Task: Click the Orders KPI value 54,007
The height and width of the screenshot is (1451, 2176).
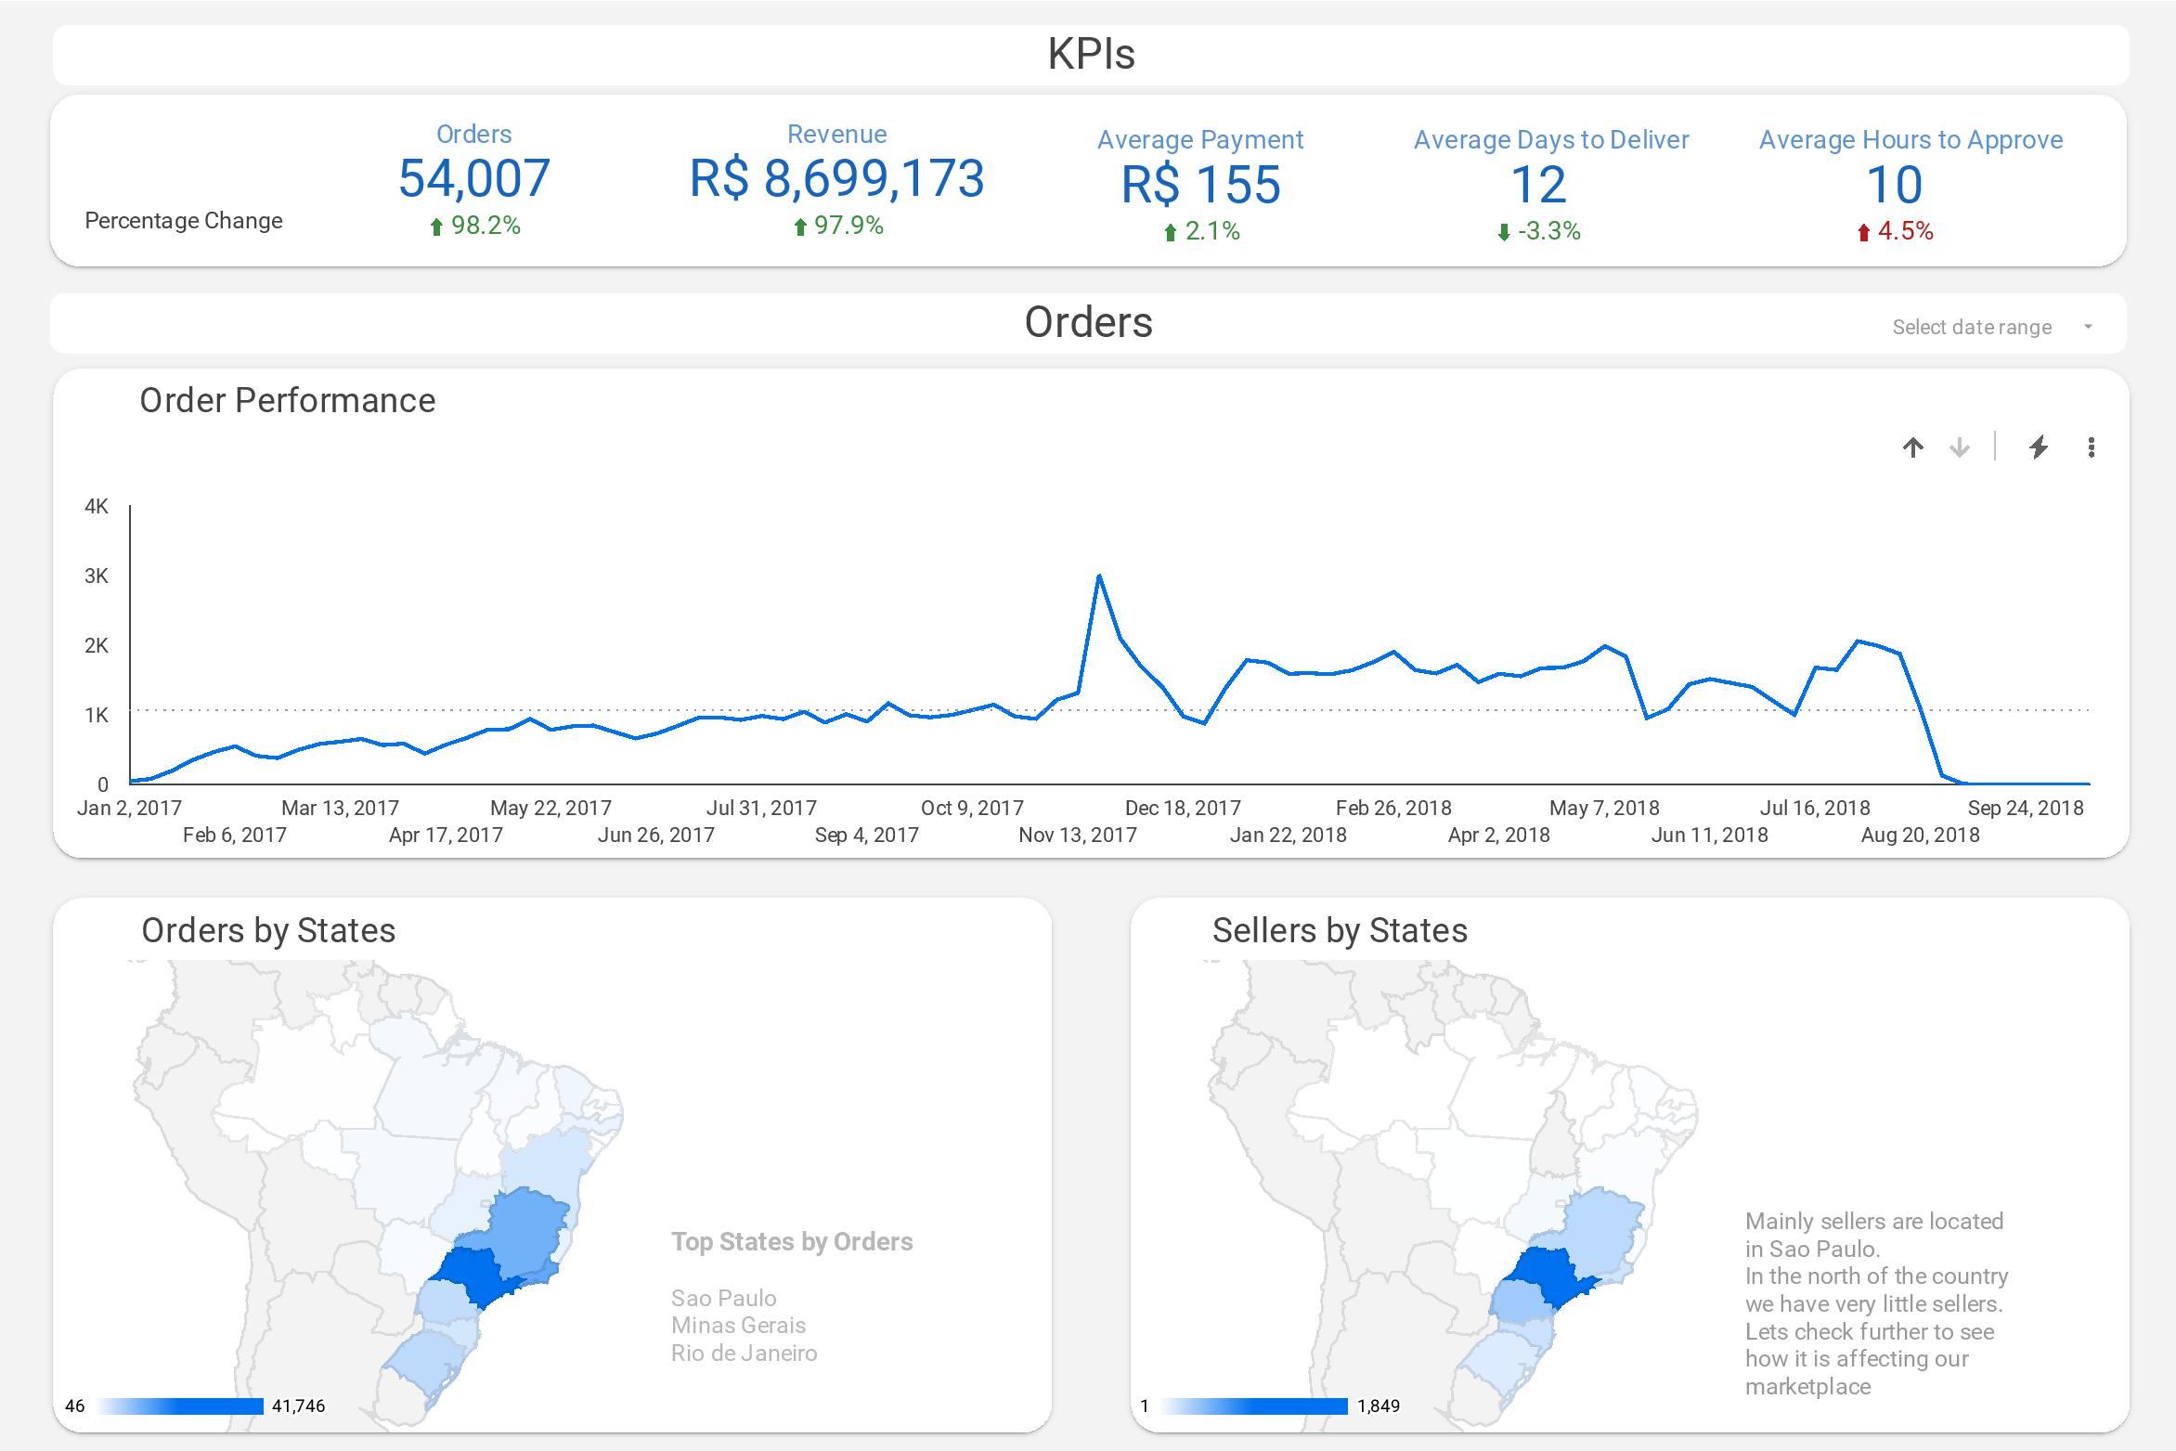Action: (x=473, y=178)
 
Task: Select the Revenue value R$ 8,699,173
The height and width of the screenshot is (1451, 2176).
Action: (x=835, y=178)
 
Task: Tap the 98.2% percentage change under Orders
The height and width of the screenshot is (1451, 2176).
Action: (x=474, y=226)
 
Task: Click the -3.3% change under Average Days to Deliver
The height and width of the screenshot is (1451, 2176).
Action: (x=1538, y=231)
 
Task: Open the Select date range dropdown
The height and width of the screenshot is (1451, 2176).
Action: (x=1992, y=327)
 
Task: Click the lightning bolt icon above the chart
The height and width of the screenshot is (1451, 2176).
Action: (x=2038, y=447)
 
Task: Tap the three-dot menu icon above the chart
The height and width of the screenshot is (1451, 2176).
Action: (x=2091, y=447)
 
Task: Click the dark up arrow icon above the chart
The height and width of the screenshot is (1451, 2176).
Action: (x=1912, y=447)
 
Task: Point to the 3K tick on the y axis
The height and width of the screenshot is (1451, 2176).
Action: (x=97, y=576)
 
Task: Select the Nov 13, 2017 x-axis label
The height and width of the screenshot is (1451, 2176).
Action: (x=1077, y=835)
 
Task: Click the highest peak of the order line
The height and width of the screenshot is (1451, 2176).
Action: (x=1099, y=577)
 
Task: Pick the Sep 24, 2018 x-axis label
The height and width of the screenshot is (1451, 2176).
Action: (x=2025, y=808)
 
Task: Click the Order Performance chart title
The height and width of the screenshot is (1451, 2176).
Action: (x=287, y=400)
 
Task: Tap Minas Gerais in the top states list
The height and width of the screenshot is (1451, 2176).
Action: (x=738, y=1325)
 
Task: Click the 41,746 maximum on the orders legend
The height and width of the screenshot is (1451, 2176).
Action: (x=298, y=1406)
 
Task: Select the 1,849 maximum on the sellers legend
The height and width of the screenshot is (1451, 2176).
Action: (x=1378, y=1406)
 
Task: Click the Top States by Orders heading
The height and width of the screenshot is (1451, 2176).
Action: (x=792, y=1241)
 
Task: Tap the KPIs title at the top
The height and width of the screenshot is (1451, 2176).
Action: (x=1091, y=54)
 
